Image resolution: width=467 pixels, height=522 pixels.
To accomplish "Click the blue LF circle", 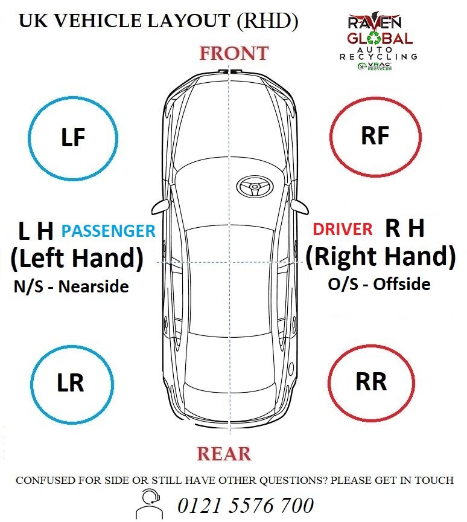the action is (x=29, y=138).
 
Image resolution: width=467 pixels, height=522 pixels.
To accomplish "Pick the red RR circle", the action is (x=328, y=383).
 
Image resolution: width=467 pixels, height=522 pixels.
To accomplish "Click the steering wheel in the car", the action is (x=255, y=187).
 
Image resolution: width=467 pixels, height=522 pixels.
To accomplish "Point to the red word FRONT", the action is (x=234, y=54).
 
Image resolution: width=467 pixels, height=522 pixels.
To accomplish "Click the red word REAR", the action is (x=224, y=454).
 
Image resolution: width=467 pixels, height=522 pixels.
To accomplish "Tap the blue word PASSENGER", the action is (x=109, y=231).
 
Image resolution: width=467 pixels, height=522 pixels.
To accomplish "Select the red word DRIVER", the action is (x=343, y=229).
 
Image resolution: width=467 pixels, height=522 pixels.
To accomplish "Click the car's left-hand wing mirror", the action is (x=160, y=207).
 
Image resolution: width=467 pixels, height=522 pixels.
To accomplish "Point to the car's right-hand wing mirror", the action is (x=300, y=207).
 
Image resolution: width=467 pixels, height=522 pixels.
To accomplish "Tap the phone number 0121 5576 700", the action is (x=246, y=505).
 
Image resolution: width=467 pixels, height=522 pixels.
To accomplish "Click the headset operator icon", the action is (x=150, y=504).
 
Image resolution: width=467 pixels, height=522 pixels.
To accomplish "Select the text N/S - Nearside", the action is (x=71, y=286).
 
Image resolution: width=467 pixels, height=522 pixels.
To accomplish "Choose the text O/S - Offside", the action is (x=379, y=284).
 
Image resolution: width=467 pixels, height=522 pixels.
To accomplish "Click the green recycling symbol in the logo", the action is (x=375, y=38).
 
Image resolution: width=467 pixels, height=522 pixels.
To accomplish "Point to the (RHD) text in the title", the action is (x=267, y=21).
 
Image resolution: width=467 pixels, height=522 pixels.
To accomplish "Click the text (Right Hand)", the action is (x=381, y=256).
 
